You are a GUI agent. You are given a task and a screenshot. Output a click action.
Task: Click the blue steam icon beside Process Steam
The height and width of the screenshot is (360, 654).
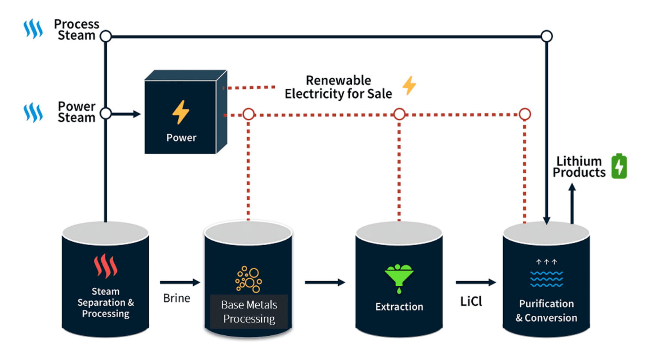(x=33, y=28)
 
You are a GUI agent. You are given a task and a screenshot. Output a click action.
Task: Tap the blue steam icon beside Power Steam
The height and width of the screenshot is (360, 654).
(x=33, y=112)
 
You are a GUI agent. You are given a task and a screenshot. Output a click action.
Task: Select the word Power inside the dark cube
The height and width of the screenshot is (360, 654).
(x=181, y=138)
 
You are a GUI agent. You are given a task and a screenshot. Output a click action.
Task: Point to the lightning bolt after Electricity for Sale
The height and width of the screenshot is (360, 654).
(x=409, y=85)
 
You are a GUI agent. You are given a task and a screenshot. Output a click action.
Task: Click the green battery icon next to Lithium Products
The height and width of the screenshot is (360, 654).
(x=619, y=166)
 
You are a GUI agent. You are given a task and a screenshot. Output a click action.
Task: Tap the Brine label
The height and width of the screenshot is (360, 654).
(x=177, y=298)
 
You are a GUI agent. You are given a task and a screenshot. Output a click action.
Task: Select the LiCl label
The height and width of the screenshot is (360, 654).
(x=471, y=301)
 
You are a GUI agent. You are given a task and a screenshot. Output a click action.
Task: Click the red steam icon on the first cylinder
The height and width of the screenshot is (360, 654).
(x=105, y=266)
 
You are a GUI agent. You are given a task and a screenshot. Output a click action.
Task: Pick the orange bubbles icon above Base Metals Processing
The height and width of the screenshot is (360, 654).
(x=249, y=279)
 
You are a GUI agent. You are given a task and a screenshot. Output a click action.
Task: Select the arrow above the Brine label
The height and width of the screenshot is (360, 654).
(x=180, y=282)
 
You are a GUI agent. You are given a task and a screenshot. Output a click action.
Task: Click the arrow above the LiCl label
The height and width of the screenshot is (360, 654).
(x=476, y=282)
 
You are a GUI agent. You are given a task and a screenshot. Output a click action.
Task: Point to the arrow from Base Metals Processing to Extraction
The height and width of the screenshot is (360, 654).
(x=325, y=282)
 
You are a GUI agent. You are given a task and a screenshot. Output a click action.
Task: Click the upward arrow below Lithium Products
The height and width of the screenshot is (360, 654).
(x=572, y=202)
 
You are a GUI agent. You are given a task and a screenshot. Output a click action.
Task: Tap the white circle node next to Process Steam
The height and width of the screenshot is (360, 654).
(x=106, y=36)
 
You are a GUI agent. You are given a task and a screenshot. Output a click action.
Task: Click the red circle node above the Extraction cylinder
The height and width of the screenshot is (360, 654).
(x=399, y=114)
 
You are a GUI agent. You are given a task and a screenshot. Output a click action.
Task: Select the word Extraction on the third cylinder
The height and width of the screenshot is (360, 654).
(x=399, y=307)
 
